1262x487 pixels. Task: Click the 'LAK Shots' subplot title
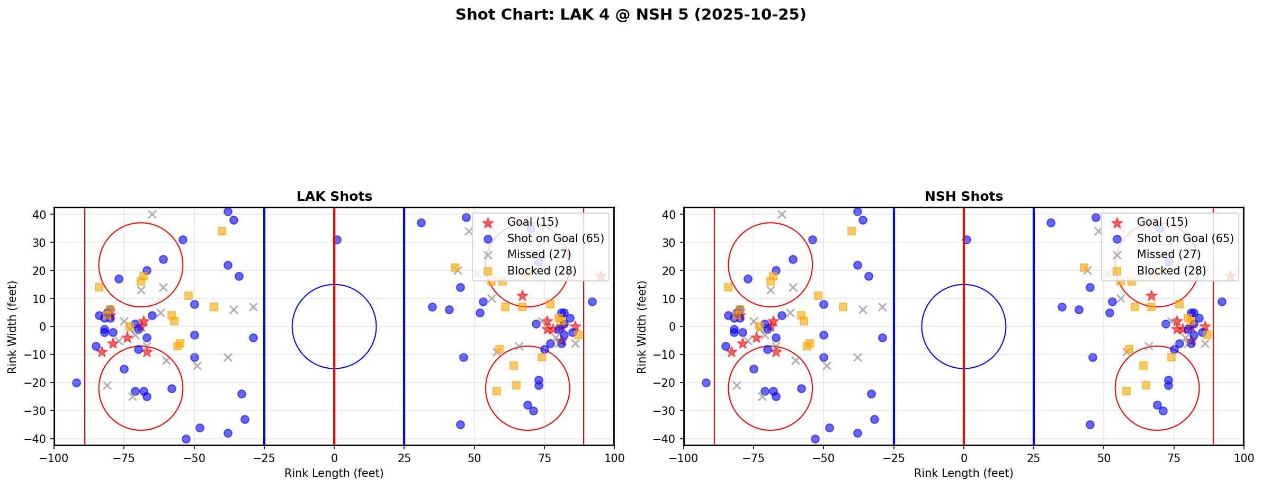[x=334, y=197]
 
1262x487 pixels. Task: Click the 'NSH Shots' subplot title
[x=963, y=197]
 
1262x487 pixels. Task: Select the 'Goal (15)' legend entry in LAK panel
[x=532, y=222]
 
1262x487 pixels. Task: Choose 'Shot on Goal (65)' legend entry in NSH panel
[x=1185, y=238]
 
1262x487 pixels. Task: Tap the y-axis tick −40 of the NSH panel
[x=668, y=439]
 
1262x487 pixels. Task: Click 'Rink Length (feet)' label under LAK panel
[x=334, y=473]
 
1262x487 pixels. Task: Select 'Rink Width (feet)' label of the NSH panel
[x=642, y=327]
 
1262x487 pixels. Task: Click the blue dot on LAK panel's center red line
[x=337, y=240]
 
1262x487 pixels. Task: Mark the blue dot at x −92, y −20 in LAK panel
[x=76, y=383]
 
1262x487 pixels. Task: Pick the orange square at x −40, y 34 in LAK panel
[x=222, y=231]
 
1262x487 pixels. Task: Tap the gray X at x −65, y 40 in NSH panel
[x=782, y=215]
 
